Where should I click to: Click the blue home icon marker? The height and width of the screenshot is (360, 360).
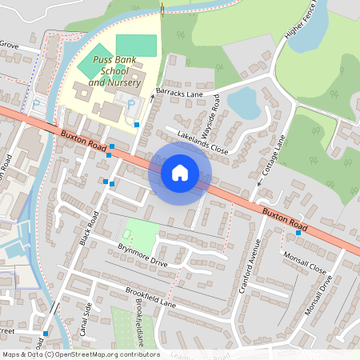click(x=180, y=171)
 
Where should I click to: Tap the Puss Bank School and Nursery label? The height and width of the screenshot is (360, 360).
click(x=115, y=71)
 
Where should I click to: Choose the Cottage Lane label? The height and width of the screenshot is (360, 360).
click(x=272, y=156)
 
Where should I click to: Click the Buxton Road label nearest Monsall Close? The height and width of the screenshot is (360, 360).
click(x=284, y=217)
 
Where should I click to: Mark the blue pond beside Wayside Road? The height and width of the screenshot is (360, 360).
click(x=242, y=102)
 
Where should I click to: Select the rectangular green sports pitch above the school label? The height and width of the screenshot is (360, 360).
click(x=136, y=45)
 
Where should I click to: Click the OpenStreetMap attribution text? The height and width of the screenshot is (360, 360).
click(x=80, y=354)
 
